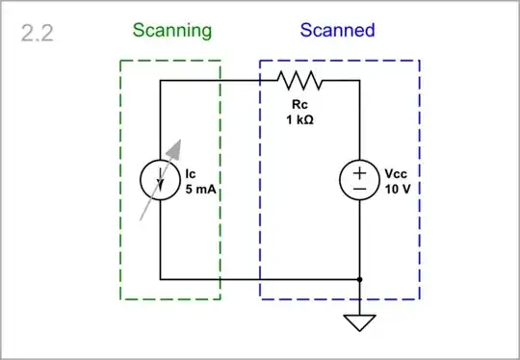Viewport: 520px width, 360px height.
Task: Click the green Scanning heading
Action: pyautogui.click(x=172, y=30)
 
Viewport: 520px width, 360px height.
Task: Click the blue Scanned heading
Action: pyautogui.click(x=337, y=30)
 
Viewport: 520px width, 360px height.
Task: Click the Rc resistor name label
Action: pyautogui.click(x=299, y=103)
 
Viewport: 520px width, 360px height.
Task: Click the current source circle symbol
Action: pyautogui.click(x=160, y=180)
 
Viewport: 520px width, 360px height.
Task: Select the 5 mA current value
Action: pyautogui.click(x=200, y=190)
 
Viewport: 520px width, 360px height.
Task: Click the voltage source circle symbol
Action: pyautogui.click(x=359, y=180)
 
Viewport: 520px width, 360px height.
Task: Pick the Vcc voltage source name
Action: pyautogui.click(x=397, y=174)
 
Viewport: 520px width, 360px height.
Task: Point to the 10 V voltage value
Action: pyautogui.click(x=398, y=190)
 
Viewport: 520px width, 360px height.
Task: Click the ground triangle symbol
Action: pyautogui.click(x=359, y=321)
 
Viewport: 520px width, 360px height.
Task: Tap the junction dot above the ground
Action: pyautogui.click(x=359, y=279)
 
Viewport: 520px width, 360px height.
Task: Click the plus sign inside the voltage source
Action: pyautogui.click(x=359, y=173)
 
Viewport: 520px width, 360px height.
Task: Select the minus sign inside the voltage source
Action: pyautogui.click(x=359, y=190)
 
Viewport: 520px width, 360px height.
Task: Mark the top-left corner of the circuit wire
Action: pyautogui.click(x=160, y=81)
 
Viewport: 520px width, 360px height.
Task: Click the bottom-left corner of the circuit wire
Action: pyautogui.click(x=160, y=279)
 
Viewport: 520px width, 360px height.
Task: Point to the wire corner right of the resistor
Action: pyautogui.click(x=359, y=81)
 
